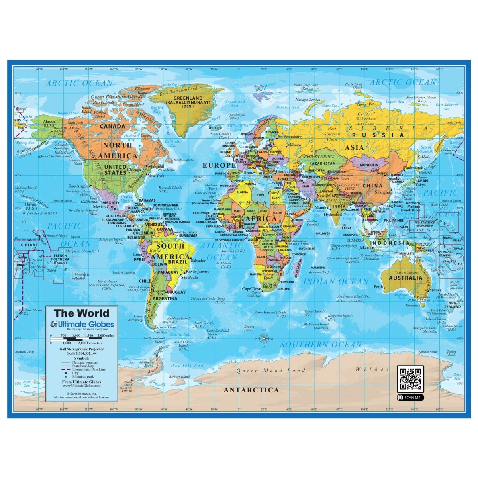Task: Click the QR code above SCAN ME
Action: [x=410, y=379]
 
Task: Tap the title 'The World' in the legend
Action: [x=81, y=313]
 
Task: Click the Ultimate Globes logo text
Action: [x=85, y=325]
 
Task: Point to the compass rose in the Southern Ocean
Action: [x=264, y=339]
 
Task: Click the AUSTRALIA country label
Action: [x=406, y=278]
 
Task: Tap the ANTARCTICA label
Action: [x=251, y=390]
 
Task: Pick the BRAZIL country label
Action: [x=178, y=262]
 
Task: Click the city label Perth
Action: [x=378, y=287]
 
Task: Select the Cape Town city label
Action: [x=251, y=289]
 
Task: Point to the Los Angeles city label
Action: [x=80, y=186]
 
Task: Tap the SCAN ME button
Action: [x=410, y=398]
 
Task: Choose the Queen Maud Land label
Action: [x=271, y=371]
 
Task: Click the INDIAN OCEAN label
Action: [x=336, y=282]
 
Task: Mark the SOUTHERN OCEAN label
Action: [x=321, y=345]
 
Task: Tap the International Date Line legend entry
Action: [x=88, y=370]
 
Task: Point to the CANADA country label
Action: [x=112, y=126]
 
